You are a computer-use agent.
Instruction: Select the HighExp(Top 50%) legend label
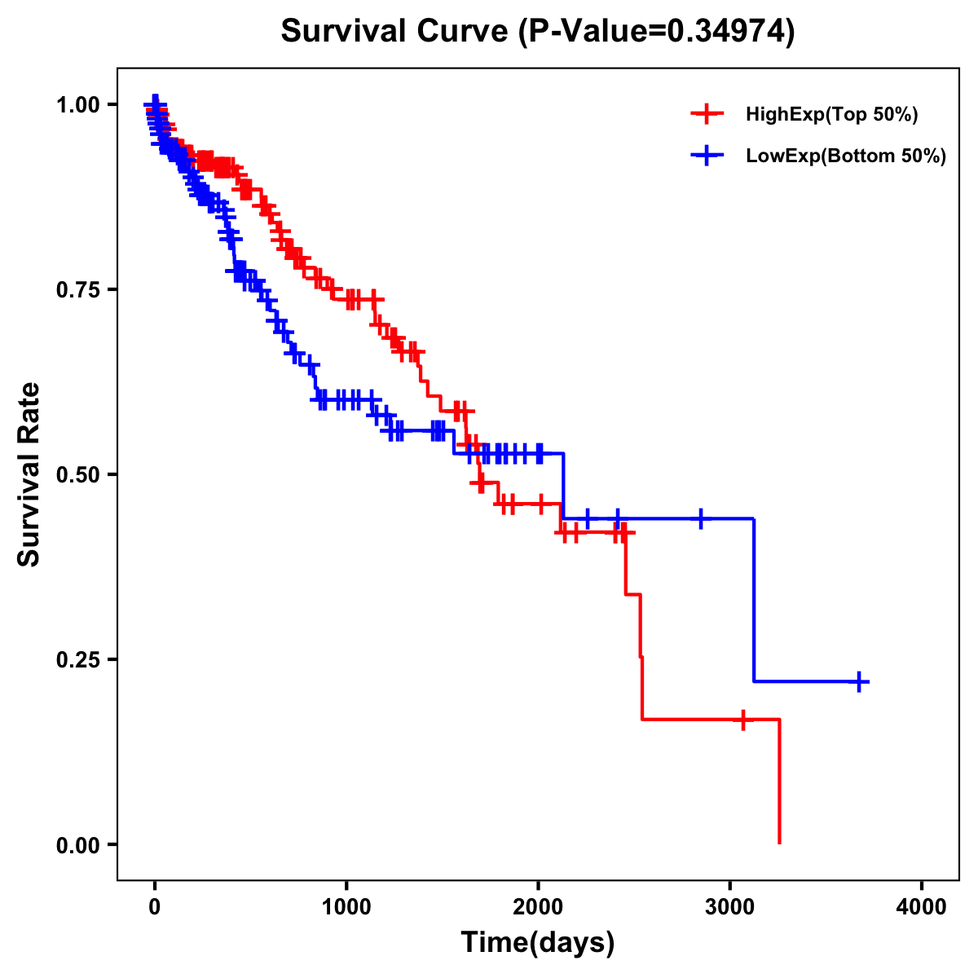832,115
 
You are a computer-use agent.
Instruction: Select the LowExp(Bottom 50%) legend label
846,156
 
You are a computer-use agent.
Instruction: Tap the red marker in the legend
707,115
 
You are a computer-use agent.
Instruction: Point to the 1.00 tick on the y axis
78,104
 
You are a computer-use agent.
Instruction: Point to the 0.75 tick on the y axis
78,289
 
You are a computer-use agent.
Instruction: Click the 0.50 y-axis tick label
78,474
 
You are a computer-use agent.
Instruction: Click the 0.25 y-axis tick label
78,659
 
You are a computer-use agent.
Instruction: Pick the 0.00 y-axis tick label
78,844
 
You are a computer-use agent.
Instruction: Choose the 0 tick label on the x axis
155,907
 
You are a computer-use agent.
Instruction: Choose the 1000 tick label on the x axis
346,907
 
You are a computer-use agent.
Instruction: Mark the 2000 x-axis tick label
538,907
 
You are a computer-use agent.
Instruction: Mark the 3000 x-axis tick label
730,907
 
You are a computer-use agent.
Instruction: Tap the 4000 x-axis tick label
922,907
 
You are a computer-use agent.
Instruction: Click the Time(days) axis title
538,943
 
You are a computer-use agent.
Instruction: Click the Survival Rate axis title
29,474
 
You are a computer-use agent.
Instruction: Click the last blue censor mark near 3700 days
859,681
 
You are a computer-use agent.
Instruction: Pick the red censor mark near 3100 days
742,720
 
